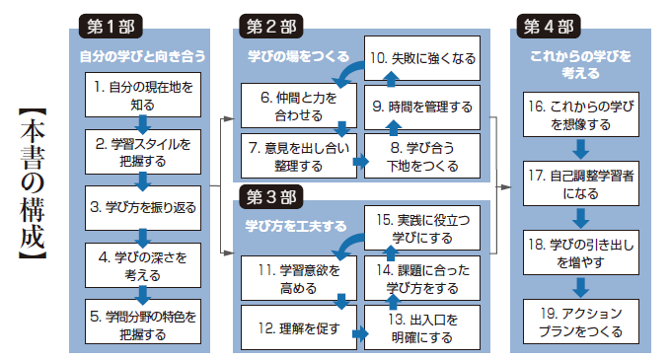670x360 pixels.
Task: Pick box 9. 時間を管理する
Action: [x=422, y=106]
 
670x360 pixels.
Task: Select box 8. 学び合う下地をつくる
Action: [x=422, y=154]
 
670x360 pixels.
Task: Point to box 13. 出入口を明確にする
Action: [x=422, y=326]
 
